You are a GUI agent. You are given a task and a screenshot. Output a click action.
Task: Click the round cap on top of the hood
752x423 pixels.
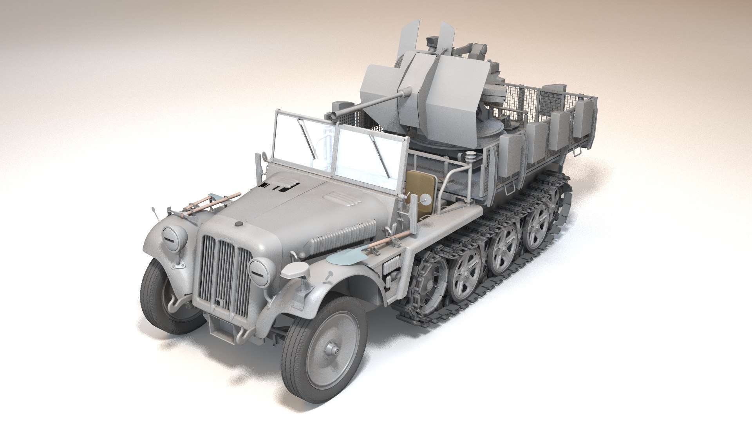click(238, 224)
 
